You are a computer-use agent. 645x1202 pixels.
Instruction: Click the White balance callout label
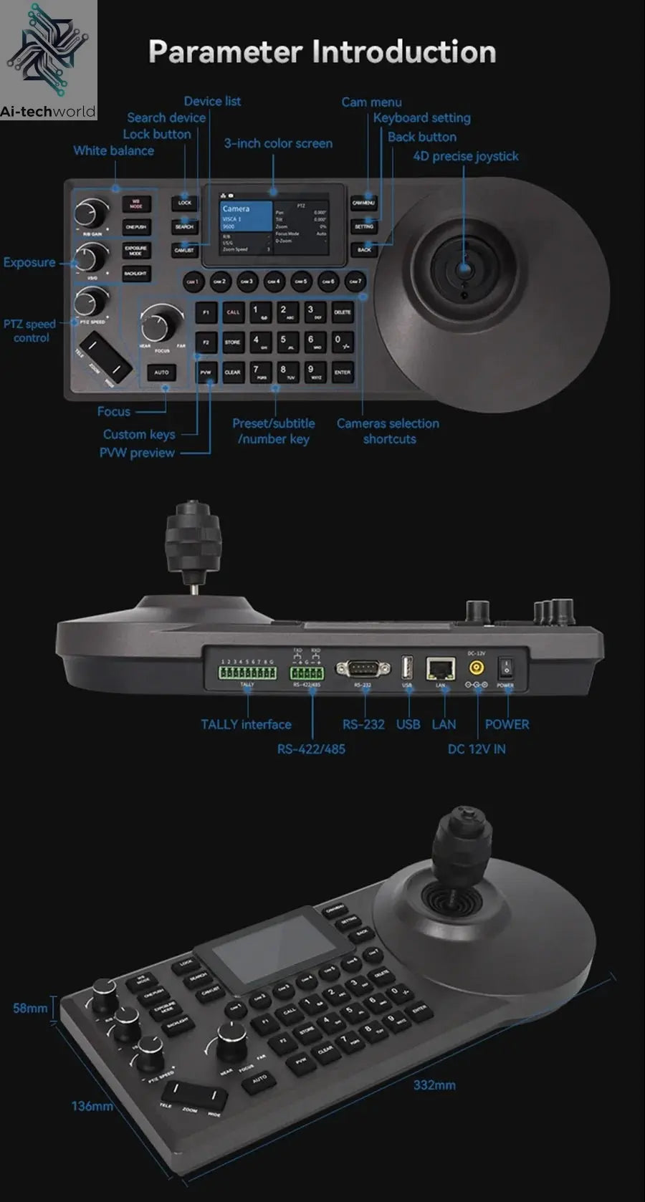(x=113, y=150)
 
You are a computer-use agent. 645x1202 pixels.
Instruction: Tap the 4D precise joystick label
(x=465, y=156)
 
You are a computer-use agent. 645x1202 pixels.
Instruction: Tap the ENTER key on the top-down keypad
(x=343, y=372)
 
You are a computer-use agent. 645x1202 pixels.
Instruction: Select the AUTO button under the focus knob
(x=161, y=372)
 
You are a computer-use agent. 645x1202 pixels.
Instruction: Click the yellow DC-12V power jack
(x=476, y=668)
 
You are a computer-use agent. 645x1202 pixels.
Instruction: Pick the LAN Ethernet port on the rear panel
(x=441, y=669)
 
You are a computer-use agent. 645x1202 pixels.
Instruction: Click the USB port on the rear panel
(x=407, y=668)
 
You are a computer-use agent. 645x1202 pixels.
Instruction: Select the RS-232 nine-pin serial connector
(x=363, y=669)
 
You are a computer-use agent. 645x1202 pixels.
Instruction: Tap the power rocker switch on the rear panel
(x=507, y=668)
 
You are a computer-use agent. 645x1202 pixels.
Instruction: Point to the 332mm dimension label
(x=434, y=1085)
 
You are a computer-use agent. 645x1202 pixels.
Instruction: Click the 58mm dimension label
(x=30, y=1008)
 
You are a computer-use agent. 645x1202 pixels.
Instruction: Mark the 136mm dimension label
(x=92, y=1106)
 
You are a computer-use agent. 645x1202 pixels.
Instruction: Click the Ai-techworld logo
(x=48, y=60)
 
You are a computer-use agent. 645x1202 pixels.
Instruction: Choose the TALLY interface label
(x=246, y=724)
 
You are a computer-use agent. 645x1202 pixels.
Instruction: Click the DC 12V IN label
(x=477, y=749)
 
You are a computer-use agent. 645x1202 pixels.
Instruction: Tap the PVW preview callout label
(x=137, y=453)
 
